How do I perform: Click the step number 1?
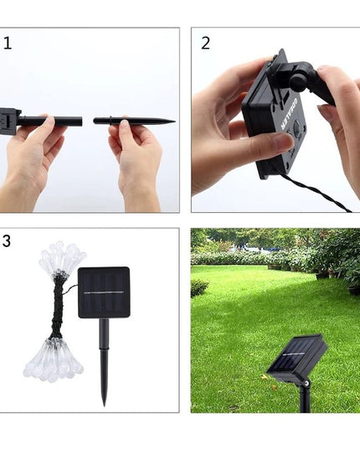(8, 43)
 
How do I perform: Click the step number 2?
(205, 44)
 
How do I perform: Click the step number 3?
(8, 241)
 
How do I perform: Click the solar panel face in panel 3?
(104, 292)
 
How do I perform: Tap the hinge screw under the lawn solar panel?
(306, 383)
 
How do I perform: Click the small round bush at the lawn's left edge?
(198, 287)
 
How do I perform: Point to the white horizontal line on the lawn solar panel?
(295, 355)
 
